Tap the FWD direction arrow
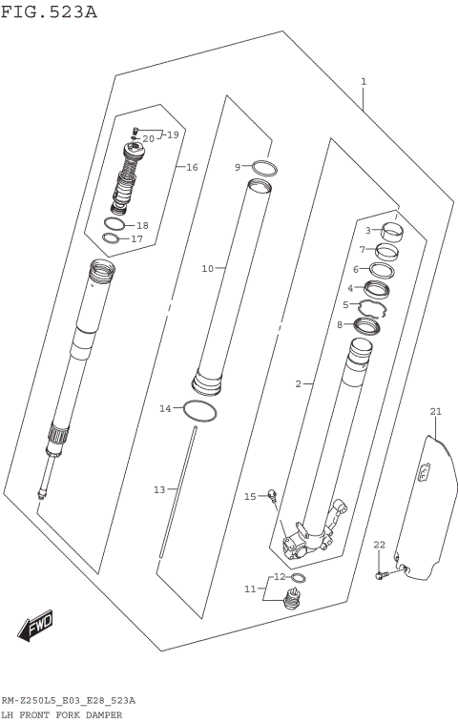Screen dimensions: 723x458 pyautogui.click(x=35, y=628)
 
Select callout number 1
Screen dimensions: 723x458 pyautogui.click(x=364, y=82)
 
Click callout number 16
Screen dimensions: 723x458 pyautogui.click(x=192, y=167)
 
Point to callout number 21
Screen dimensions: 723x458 pyautogui.click(x=436, y=412)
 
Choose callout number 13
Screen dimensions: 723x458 pyautogui.click(x=159, y=489)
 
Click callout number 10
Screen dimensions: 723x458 pyautogui.click(x=207, y=269)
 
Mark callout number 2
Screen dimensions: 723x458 pyautogui.click(x=298, y=384)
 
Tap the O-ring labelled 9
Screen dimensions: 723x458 pyautogui.click(x=266, y=168)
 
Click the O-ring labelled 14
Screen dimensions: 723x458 pyautogui.click(x=198, y=411)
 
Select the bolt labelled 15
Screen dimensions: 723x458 pyautogui.click(x=273, y=494)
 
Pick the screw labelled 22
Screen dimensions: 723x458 pyautogui.click(x=381, y=574)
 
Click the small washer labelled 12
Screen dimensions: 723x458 pyautogui.click(x=298, y=578)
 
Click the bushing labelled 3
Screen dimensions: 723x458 pyautogui.click(x=392, y=230)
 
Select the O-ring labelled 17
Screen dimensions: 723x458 pyautogui.click(x=112, y=238)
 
